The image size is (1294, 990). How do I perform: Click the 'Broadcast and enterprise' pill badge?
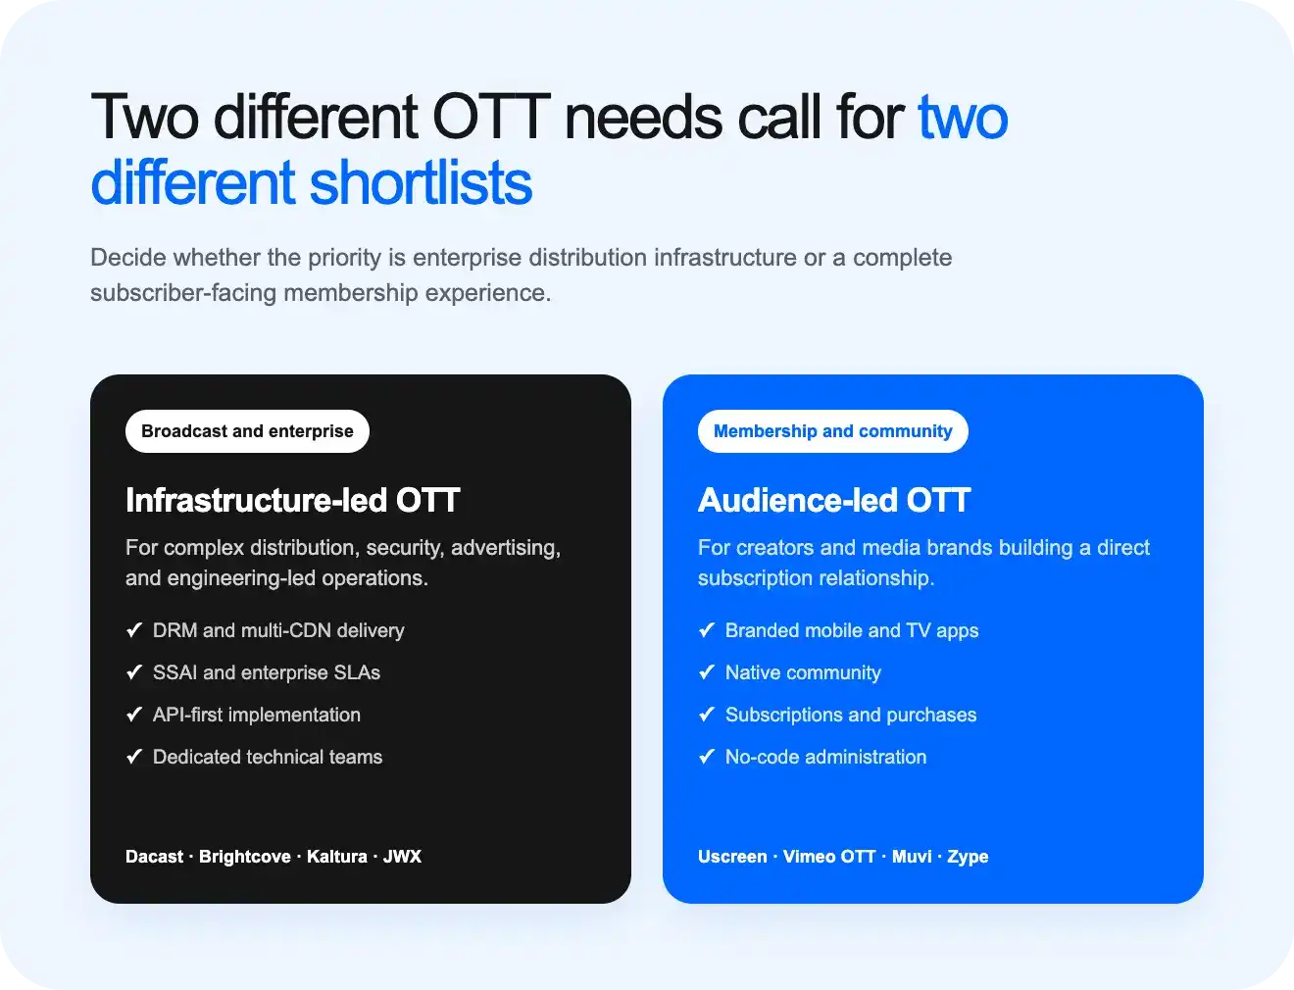click(x=247, y=431)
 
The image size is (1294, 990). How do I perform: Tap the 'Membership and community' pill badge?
click(x=832, y=431)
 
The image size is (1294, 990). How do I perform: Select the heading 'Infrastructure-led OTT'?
click(x=292, y=500)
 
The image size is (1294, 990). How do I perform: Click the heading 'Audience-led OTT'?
click(x=833, y=500)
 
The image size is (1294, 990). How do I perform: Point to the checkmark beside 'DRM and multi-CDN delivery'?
click(x=134, y=630)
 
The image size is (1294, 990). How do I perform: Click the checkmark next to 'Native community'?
click(x=707, y=672)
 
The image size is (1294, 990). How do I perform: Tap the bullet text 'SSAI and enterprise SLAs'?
click(x=267, y=672)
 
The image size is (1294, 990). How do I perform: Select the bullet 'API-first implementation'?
click(x=257, y=715)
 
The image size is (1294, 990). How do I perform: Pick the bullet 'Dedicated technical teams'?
click(x=268, y=757)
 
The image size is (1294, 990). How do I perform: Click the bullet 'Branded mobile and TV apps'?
click(x=852, y=630)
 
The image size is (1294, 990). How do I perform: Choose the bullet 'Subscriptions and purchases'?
click(x=851, y=715)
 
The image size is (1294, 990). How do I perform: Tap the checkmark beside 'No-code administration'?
click(x=707, y=757)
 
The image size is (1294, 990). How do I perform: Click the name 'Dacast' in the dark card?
click(x=155, y=857)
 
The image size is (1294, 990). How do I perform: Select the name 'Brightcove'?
click(x=245, y=857)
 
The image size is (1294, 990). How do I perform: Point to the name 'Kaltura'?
click(x=336, y=857)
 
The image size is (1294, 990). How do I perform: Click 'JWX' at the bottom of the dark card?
click(x=402, y=857)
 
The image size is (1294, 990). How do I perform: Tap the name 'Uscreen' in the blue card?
click(x=732, y=857)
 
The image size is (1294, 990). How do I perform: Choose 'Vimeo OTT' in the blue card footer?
click(x=829, y=857)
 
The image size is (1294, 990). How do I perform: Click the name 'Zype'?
click(x=968, y=857)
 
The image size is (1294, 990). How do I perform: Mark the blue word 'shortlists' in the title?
click(x=421, y=182)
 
